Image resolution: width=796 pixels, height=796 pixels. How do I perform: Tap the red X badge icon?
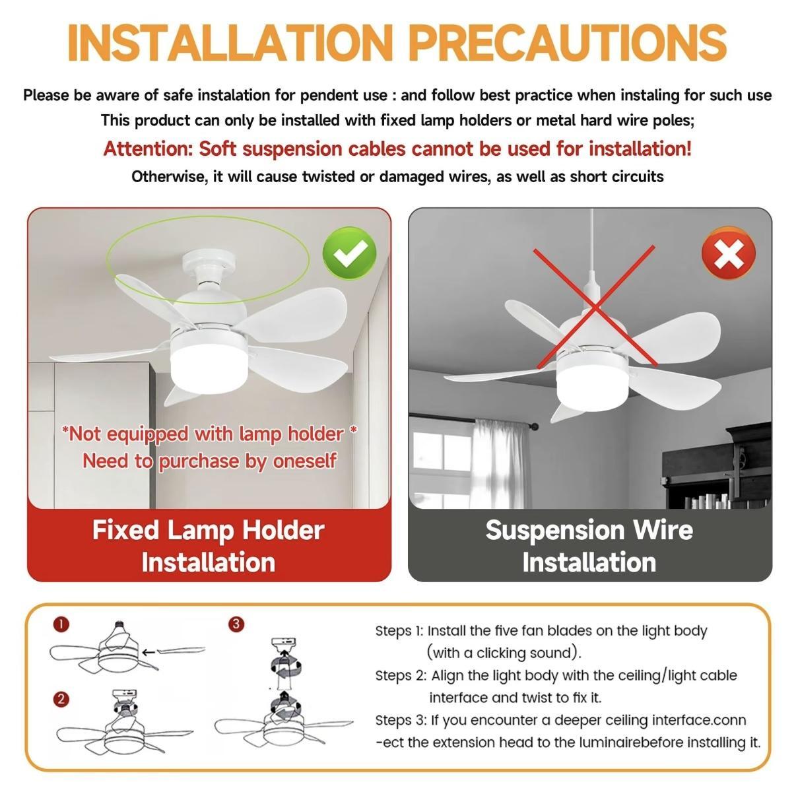[x=729, y=253]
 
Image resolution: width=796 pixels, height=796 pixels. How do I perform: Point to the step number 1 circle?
[x=61, y=624]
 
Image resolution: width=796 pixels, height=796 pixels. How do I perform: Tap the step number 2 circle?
[x=61, y=699]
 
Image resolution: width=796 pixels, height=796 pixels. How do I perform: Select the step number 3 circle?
[x=236, y=624]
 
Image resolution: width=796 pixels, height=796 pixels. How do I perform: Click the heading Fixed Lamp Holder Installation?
[x=209, y=546]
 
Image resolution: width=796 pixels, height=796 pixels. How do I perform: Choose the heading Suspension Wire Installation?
[x=589, y=546]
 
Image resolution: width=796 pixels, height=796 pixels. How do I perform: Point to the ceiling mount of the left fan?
[x=210, y=263]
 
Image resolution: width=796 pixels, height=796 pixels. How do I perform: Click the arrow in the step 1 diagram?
[x=149, y=652]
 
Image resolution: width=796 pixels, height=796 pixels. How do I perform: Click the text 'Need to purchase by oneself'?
[x=209, y=460]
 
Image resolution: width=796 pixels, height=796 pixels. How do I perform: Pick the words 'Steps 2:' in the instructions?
[x=401, y=675]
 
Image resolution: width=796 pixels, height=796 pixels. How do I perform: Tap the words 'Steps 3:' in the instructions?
[x=401, y=720]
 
